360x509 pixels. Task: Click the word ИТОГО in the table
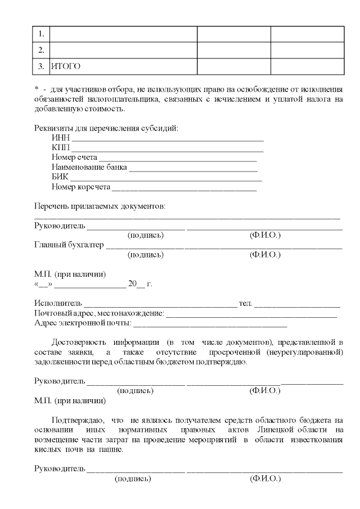point(66,66)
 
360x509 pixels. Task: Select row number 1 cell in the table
point(41,34)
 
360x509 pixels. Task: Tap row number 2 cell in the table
point(41,50)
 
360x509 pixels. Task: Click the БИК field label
point(59,177)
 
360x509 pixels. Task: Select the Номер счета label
point(74,157)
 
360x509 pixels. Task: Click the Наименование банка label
point(89,167)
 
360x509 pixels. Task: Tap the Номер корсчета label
point(81,186)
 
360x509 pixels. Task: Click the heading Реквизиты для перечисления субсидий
point(106,128)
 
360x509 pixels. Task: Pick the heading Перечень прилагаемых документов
point(100,206)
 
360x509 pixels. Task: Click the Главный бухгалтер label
point(69,245)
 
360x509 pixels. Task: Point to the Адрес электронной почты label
point(83,323)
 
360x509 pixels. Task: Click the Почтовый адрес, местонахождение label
point(99,313)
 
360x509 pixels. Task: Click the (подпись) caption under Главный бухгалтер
point(146,255)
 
